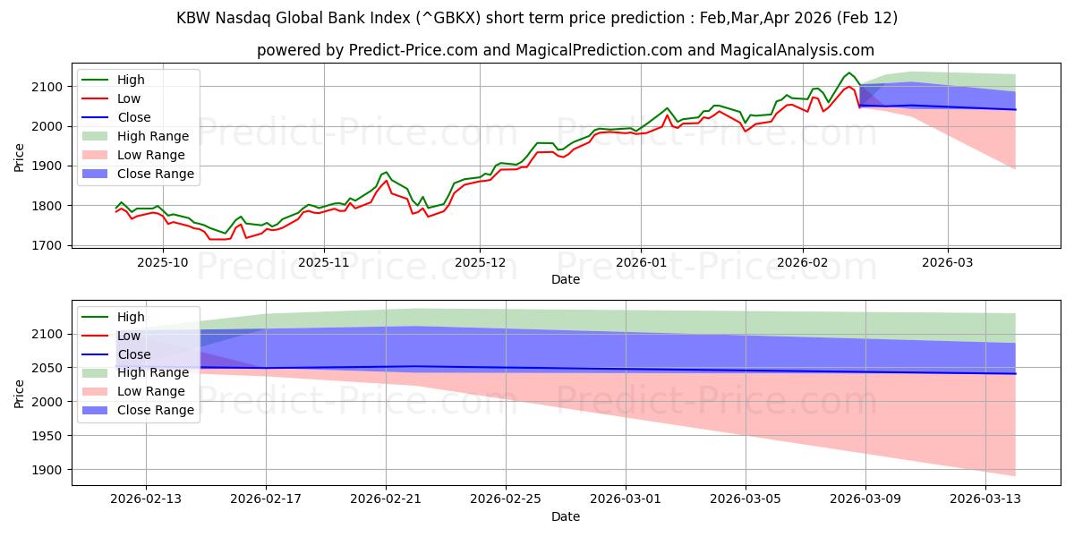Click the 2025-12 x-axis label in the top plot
pos(480,263)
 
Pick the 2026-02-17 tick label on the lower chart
pos(266,499)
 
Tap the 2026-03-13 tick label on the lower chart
pos(985,499)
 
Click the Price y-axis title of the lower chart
pos(20,393)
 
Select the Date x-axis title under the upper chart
pos(565,279)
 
